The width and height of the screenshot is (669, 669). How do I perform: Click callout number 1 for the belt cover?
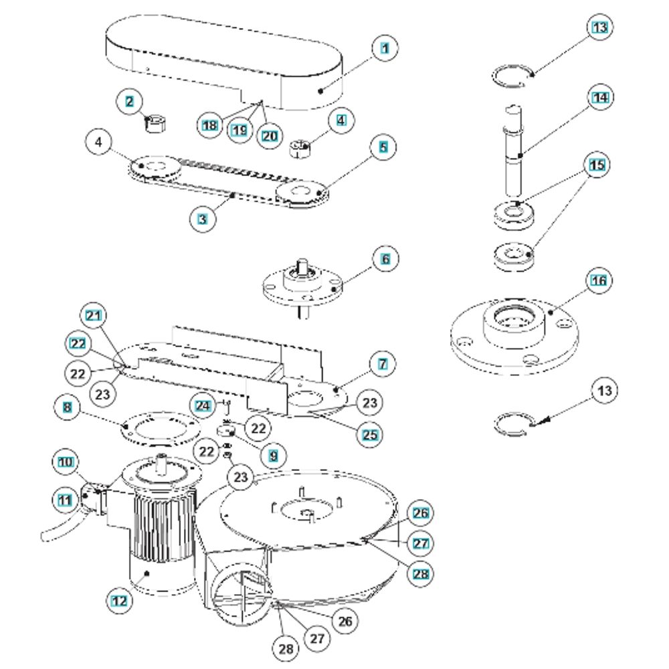click(385, 48)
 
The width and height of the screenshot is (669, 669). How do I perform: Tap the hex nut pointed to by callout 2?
click(155, 124)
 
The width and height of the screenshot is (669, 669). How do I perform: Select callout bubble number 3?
click(202, 219)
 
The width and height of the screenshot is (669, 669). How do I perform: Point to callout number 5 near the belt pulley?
click(383, 147)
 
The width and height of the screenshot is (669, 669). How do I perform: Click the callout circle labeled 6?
click(385, 259)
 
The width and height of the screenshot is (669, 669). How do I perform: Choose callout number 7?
click(383, 364)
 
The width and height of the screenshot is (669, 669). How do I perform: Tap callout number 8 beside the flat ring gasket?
click(68, 407)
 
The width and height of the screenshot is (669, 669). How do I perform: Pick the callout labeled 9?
click(273, 456)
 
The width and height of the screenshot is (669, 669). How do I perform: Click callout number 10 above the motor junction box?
click(66, 462)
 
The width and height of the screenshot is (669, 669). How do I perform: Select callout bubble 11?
click(65, 500)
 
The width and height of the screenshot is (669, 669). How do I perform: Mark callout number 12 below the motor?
click(119, 601)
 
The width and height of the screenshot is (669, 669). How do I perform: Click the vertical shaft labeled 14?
click(514, 150)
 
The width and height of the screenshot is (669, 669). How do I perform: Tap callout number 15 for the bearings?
click(597, 165)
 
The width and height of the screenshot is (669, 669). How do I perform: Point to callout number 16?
click(598, 280)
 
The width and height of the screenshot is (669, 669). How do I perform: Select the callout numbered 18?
click(209, 126)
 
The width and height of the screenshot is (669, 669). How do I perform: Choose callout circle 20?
click(269, 136)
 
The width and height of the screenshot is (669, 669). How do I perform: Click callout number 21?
click(94, 316)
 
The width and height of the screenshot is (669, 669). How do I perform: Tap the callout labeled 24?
click(203, 405)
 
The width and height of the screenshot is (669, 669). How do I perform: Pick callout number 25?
click(369, 435)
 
